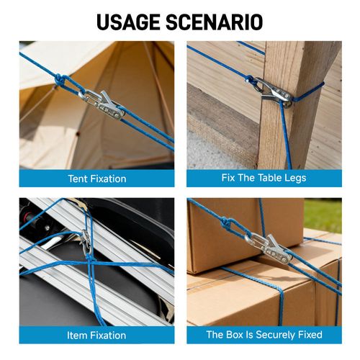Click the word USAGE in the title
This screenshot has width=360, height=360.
[x=129, y=22]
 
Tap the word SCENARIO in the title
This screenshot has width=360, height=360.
[x=214, y=22]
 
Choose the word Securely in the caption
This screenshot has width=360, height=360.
[x=275, y=335]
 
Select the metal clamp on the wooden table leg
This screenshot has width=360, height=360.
[x=273, y=91]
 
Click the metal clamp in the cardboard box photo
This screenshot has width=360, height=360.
[x=269, y=248]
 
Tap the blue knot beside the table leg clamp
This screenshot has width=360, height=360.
[x=250, y=79]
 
